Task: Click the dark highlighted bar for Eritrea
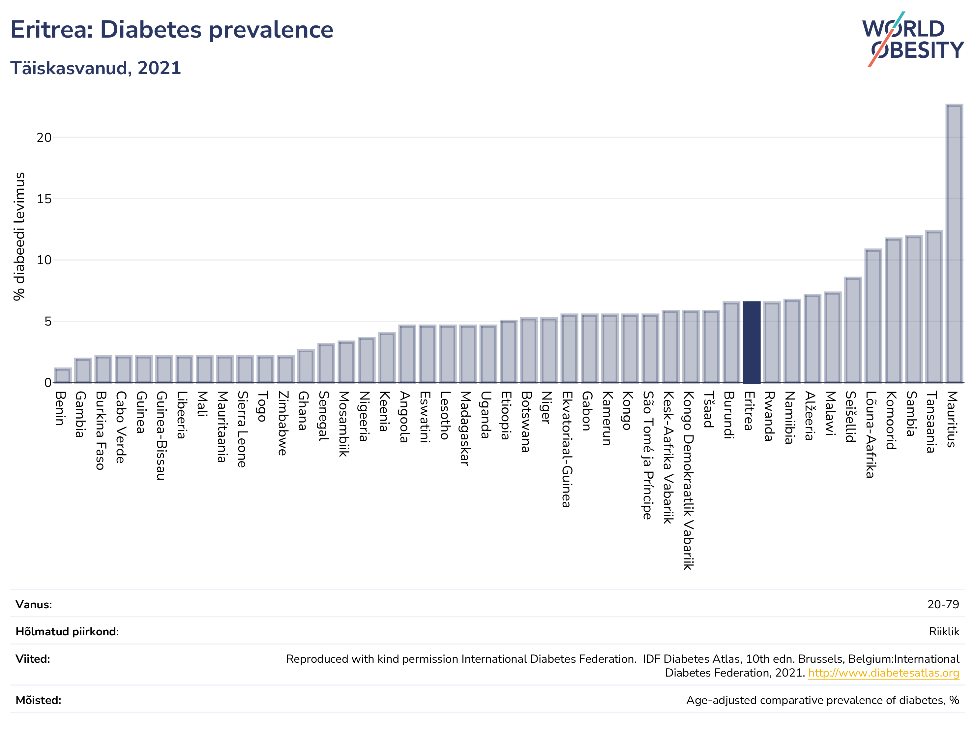click(x=752, y=342)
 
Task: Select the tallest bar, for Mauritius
click(x=954, y=243)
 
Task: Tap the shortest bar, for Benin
click(x=63, y=375)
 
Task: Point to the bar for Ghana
click(x=306, y=366)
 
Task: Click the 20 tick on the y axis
click(x=44, y=138)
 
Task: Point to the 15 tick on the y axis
click(x=44, y=199)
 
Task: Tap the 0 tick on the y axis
click(x=47, y=383)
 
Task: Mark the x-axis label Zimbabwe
click(x=283, y=424)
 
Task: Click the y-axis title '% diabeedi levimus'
click(x=19, y=237)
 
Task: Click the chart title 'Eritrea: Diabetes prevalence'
click(x=172, y=30)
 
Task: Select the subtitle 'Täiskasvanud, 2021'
click(x=96, y=68)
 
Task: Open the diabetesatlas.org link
click(x=883, y=673)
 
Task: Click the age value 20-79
click(x=943, y=604)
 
